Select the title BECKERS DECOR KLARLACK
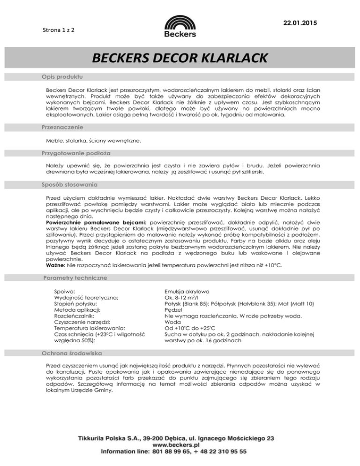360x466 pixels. (180, 58)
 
